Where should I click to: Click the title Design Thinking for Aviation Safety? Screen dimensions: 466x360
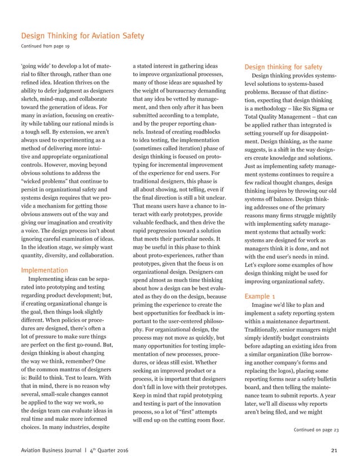tap(82, 37)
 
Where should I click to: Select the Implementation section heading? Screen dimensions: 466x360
tap(45, 270)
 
